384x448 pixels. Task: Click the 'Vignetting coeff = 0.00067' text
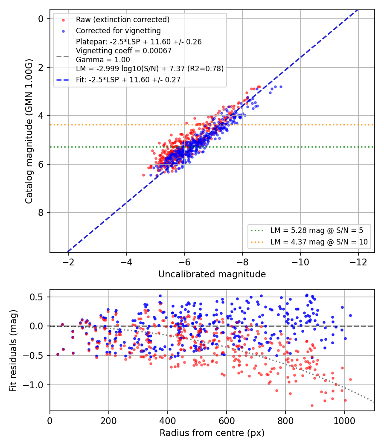(x=124, y=51)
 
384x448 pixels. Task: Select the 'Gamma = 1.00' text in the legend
(x=103, y=60)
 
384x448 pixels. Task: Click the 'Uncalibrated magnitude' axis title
(x=212, y=274)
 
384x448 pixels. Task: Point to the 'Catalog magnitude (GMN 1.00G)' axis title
(x=29, y=131)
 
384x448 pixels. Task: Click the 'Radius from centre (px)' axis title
(x=212, y=433)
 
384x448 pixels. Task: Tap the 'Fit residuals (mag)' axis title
(x=13, y=351)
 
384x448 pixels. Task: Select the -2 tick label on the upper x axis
(x=68, y=262)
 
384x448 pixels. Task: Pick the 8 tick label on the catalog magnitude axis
(x=41, y=212)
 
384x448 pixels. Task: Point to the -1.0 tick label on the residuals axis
(x=33, y=385)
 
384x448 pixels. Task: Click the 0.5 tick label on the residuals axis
(x=36, y=297)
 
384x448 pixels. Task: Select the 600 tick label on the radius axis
(x=227, y=421)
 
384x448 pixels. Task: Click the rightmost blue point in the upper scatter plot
(x=281, y=87)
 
